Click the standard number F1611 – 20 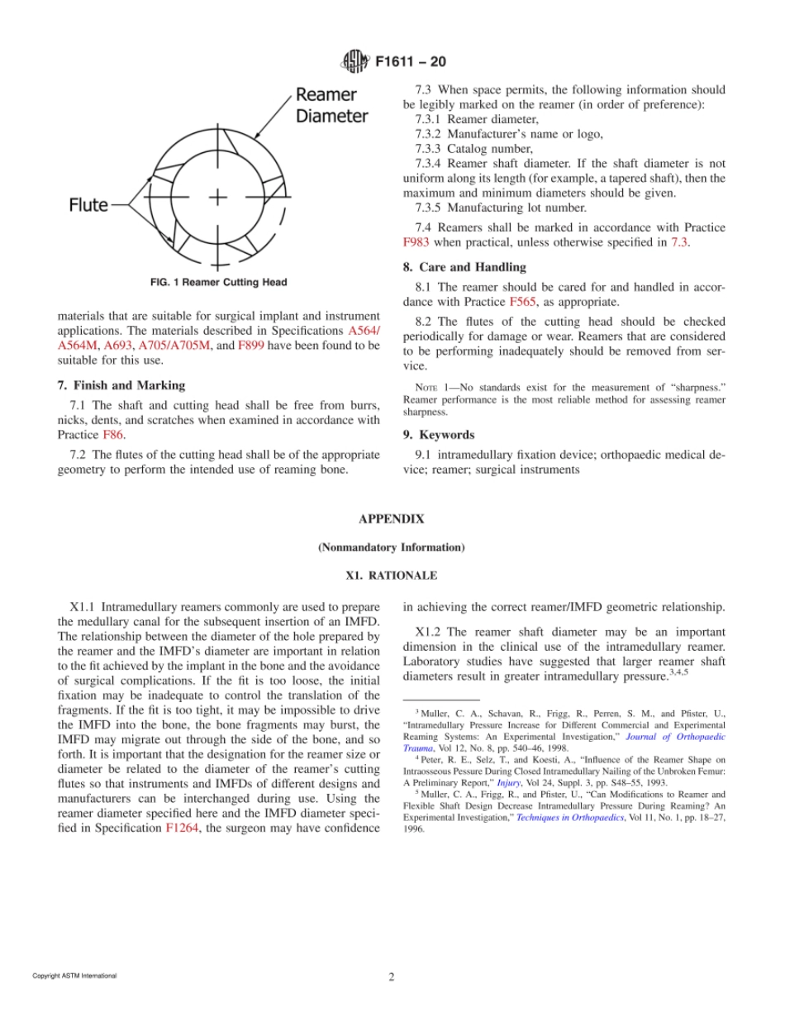tap(411, 62)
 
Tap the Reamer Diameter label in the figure tap(331, 105)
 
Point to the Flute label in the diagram tap(88, 204)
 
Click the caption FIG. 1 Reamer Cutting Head tap(218, 283)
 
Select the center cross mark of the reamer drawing tap(217, 197)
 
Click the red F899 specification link tap(250, 345)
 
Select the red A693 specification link tap(118, 345)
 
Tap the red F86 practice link tap(112, 434)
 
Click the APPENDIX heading tap(391, 519)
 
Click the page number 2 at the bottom tap(392, 976)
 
